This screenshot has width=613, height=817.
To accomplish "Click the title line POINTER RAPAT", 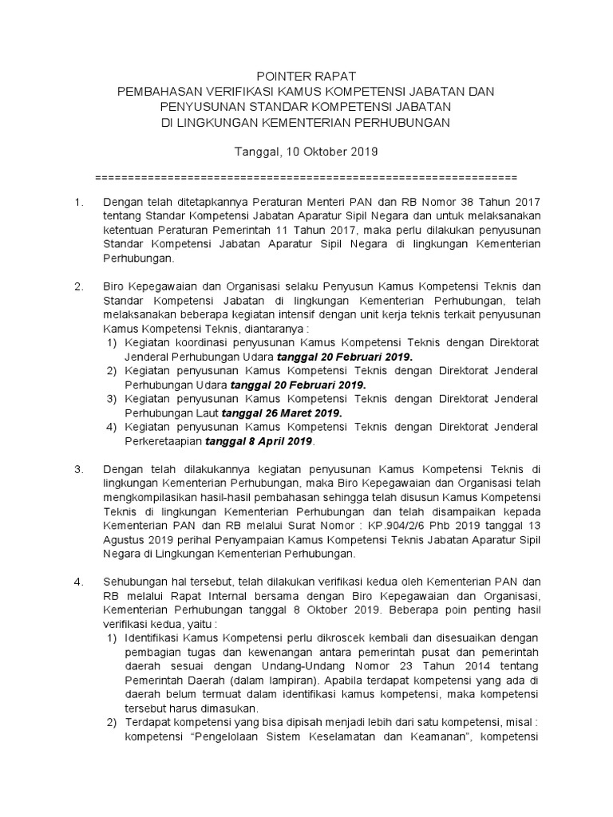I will [x=306, y=77].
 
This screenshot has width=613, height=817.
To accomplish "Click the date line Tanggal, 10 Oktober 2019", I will [x=306, y=150].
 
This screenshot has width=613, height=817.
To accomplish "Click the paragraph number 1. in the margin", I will [x=78, y=203].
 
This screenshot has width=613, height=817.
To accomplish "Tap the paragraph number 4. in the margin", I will [x=78, y=581].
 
